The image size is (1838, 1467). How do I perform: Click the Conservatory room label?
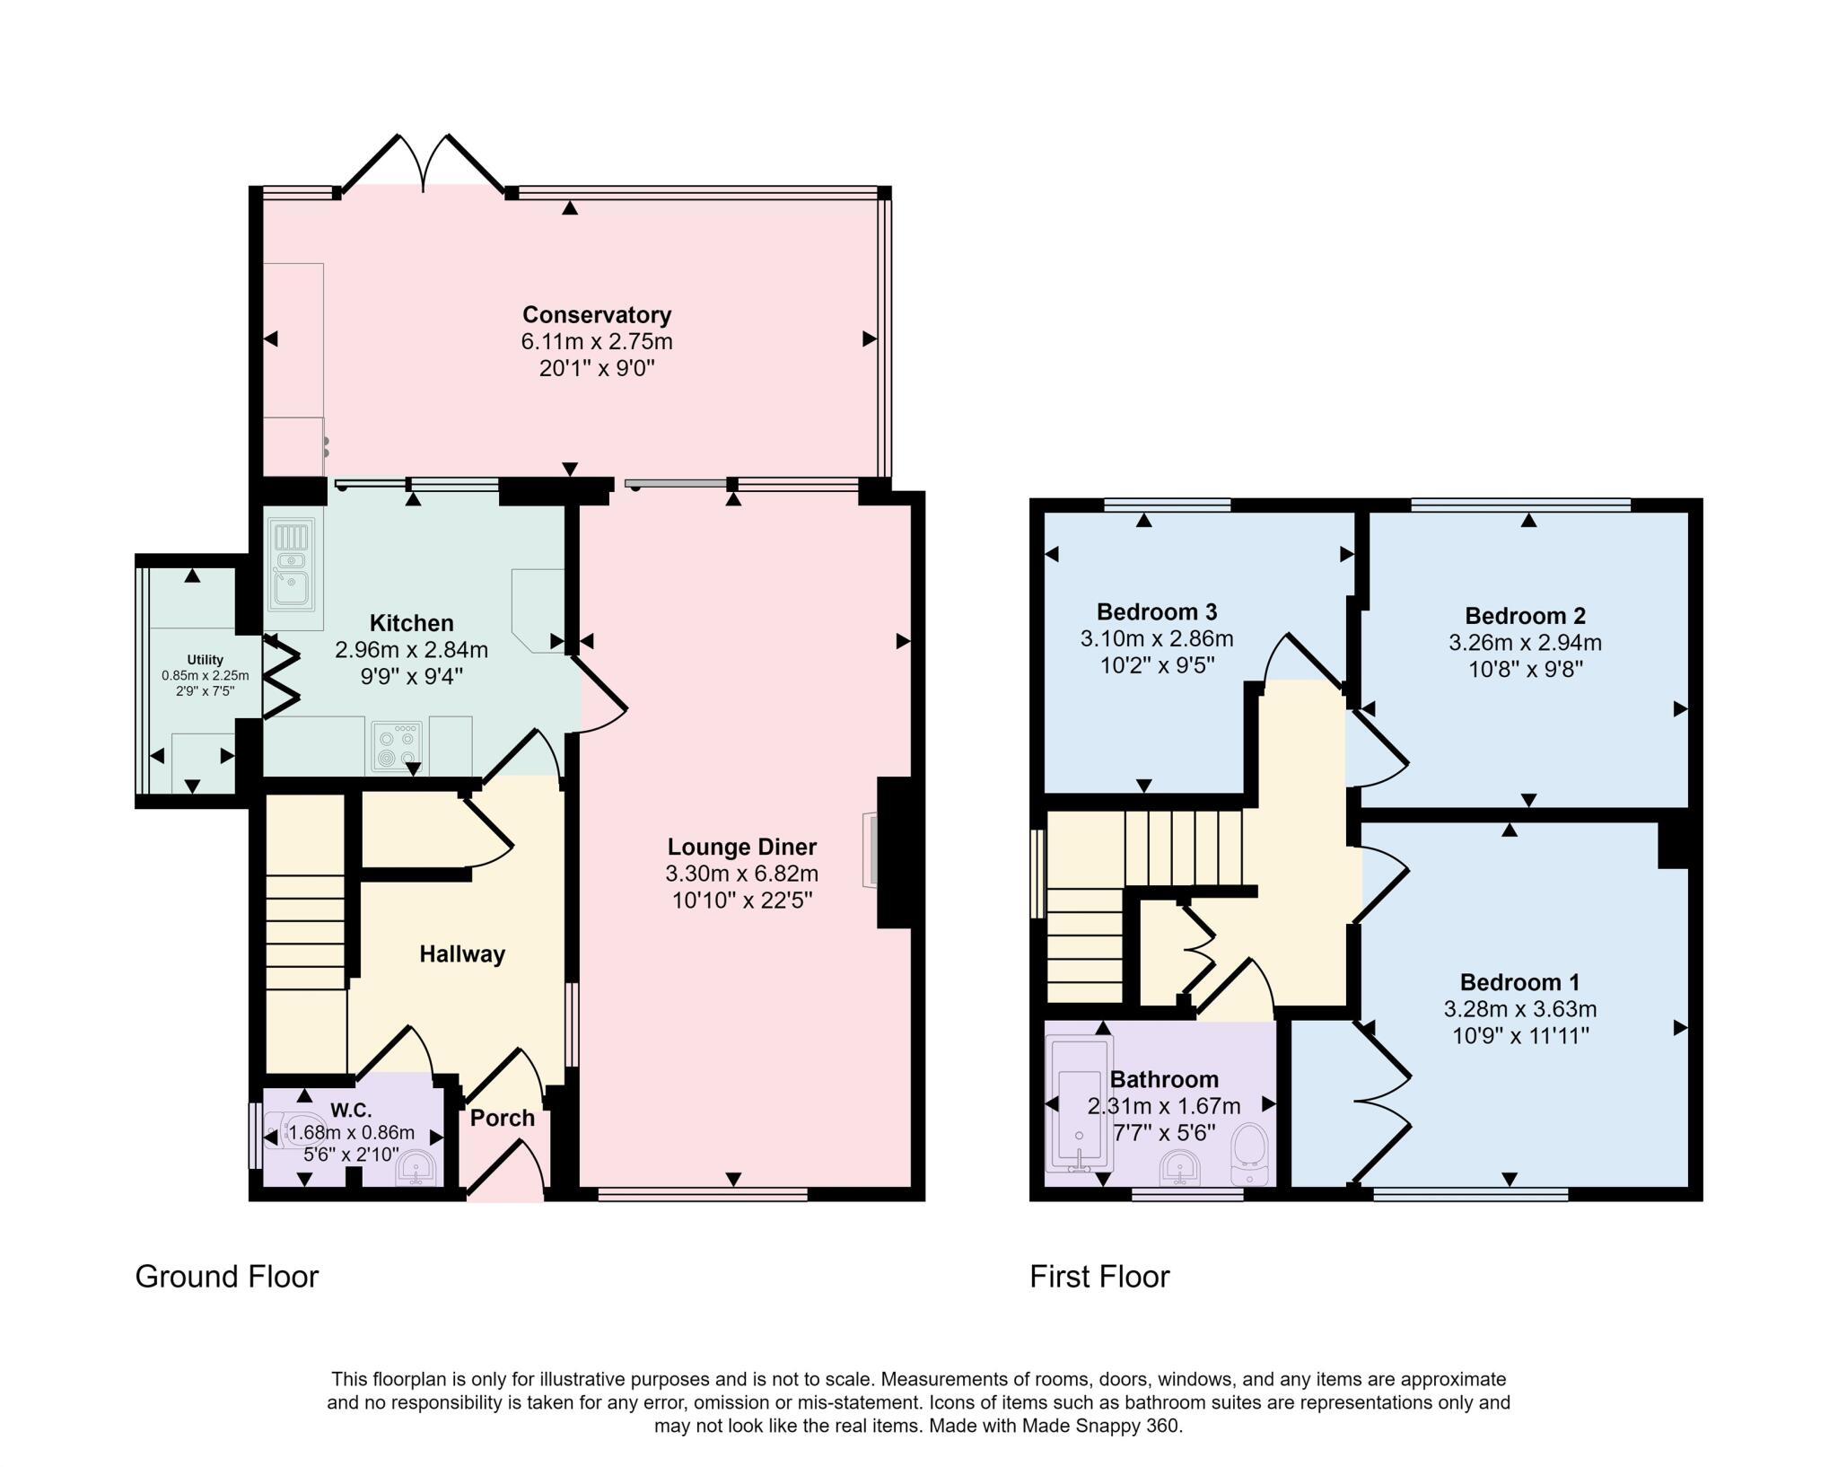[597, 315]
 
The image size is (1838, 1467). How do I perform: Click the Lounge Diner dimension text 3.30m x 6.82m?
[741, 874]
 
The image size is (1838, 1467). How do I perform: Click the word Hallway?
[462, 954]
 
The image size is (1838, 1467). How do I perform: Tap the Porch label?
[503, 1119]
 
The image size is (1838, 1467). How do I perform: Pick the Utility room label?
[206, 660]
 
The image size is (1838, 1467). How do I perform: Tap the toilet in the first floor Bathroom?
[1250, 1155]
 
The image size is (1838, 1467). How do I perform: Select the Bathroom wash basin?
[1180, 1168]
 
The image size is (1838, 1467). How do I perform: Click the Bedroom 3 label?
[1157, 612]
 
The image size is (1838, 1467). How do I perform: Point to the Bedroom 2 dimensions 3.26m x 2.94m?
[1525, 643]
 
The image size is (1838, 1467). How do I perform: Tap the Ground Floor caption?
[227, 1277]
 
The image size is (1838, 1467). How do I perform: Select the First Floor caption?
[1099, 1277]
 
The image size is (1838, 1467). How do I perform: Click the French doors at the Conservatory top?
[424, 164]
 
